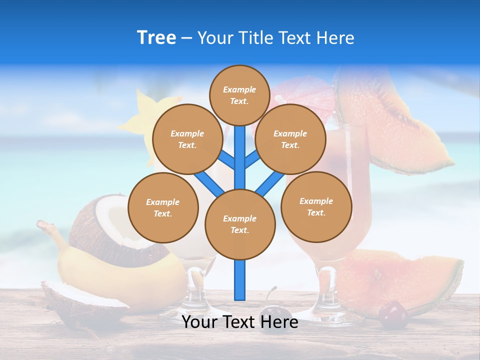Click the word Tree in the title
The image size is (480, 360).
[156, 38]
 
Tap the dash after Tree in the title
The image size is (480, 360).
[186, 38]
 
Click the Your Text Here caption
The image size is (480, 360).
[240, 322]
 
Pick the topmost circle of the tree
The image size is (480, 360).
[239, 95]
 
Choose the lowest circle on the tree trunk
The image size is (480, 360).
[240, 224]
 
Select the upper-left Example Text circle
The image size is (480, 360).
[187, 139]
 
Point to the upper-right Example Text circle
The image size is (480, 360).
[290, 139]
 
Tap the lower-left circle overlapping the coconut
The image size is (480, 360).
[163, 207]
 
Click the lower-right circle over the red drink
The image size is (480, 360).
[316, 206]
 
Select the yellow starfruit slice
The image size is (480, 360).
[142, 112]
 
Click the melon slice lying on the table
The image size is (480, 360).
[400, 280]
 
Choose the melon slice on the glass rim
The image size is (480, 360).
[390, 125]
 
